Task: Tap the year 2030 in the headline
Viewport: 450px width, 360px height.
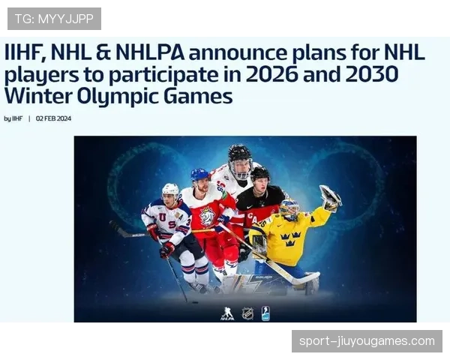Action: [370, 75]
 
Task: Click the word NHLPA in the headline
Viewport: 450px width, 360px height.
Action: [148, 53]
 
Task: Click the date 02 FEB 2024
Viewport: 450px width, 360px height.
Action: [53, 118]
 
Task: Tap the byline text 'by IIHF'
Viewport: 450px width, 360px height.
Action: [13, 118]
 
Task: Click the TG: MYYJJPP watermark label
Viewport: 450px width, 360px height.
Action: [54, 18]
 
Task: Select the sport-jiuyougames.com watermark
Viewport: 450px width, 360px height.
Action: [366, 341]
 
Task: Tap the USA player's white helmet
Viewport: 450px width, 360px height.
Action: [171, 190]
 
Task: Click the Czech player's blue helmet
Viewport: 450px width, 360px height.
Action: [199, 175]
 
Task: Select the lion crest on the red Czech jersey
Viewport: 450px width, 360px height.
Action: [206, 217]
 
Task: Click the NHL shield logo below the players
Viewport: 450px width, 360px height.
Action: [247, 313]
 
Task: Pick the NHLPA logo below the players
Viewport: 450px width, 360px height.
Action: [226, 313]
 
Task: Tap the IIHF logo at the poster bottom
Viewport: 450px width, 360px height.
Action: [265, 313]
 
